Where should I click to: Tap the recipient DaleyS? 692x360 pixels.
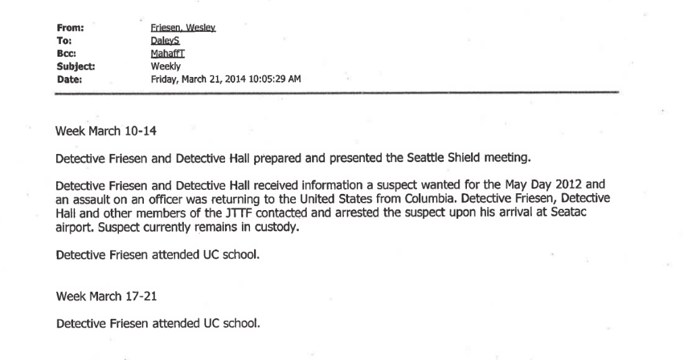point(164,40)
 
